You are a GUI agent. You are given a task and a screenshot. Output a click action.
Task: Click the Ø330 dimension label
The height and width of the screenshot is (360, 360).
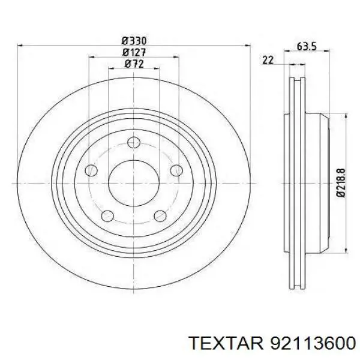(134, 41)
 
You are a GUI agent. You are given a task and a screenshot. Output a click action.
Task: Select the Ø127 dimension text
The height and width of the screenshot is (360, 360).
(134, 52)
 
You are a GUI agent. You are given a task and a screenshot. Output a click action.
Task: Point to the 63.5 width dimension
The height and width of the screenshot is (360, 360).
(307, 46)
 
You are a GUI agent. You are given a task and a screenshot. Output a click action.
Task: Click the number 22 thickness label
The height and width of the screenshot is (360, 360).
(268, 59)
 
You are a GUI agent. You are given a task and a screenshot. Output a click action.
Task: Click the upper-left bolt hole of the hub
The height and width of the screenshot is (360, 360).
(91, 170)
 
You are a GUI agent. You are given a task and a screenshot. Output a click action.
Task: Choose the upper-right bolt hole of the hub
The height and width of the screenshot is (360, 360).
(176, 170)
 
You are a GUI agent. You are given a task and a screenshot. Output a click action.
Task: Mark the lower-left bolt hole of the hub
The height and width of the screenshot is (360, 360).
(107, 216)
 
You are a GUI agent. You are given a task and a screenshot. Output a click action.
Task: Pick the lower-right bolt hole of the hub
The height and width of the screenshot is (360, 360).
(160, 216)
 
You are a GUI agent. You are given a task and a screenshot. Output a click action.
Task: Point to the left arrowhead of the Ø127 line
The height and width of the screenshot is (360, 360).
(92, 58)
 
